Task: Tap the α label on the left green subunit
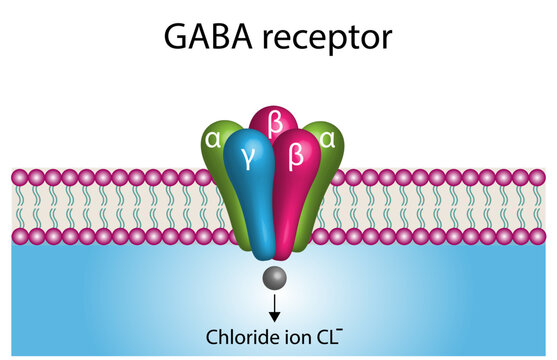(x=212, y=138)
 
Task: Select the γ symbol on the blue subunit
(x=246, y=155)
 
